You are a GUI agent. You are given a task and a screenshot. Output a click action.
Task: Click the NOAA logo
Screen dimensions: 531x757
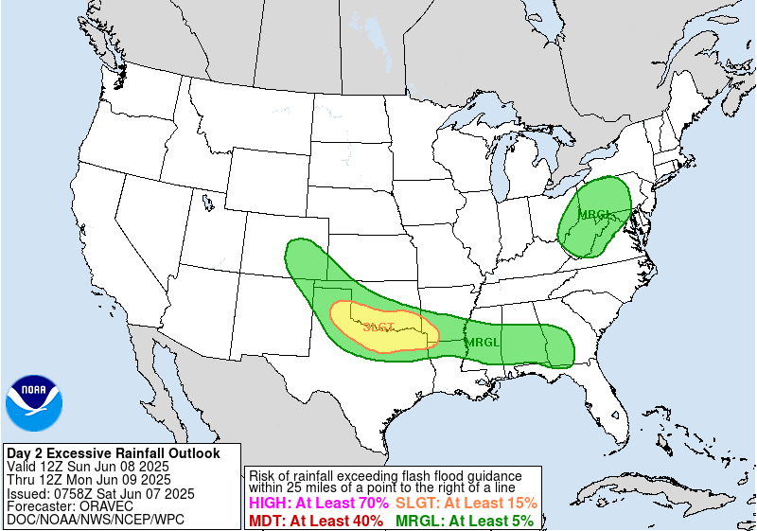pyautogui.click(x=34, y=402)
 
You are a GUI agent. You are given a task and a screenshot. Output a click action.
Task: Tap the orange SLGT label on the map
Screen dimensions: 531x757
pyautogui.click(x=378, y=327)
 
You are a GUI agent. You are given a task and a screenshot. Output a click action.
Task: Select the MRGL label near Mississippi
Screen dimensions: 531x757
pyautogui.click(x=482, y=342)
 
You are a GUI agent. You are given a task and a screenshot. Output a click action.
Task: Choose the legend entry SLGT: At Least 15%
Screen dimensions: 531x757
pyautogui.click(x=466, y=504)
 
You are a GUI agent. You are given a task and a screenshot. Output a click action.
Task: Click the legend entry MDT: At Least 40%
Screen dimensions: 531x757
pyautogui.click(x=315, y=520)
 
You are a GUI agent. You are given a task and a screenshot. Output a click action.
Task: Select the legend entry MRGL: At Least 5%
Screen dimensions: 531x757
pyautogui.click(x=464, y=520)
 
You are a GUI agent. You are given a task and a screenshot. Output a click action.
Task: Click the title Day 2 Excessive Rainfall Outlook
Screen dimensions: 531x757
pyautogui.click(x=113, y=453)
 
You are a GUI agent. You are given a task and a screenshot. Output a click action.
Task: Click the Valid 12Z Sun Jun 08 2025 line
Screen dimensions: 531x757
pyautogui.click(x=87, y=467)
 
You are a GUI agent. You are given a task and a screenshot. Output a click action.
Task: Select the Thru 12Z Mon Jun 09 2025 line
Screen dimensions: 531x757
pyautogui.click(x=88, y=480)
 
